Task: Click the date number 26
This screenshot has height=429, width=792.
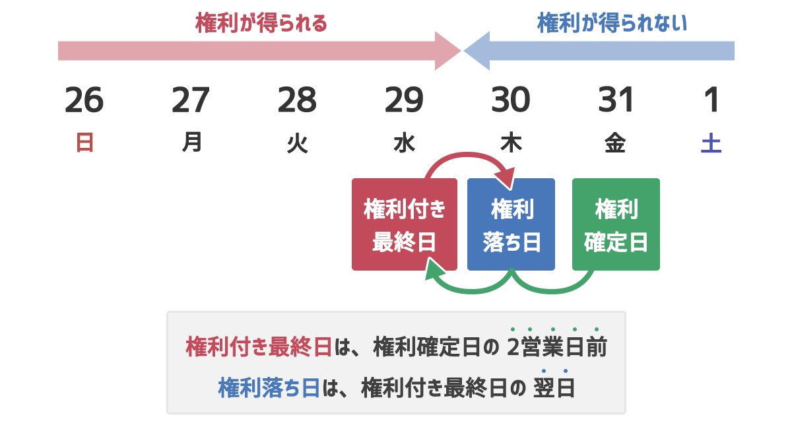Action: click(x=84, y=101)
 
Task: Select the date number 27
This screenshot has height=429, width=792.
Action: click(x=191, y=101)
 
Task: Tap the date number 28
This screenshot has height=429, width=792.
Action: click(x=297, y=101)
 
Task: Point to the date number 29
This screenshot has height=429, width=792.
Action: click(x=404, y=101)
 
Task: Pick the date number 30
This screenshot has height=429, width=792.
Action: click(x=511, y=101)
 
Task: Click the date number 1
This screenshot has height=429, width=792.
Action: click(x=711, y=101)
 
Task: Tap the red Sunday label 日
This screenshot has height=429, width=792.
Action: click(x=84, y=143)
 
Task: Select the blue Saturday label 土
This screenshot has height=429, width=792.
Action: click(x=711, y=143)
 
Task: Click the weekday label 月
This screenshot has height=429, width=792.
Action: click(x=191, y=143)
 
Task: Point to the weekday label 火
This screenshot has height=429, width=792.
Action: click(x=298, y=143)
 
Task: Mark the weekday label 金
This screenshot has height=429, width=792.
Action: click(x=616, y=143)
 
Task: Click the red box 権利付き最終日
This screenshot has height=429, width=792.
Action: click(x=405, y=224)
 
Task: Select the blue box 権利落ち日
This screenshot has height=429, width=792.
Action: click(x=511, y=224)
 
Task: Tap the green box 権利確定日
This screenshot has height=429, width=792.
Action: click(x=616, y=224)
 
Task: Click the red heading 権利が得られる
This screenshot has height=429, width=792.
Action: click(x=261, y=24)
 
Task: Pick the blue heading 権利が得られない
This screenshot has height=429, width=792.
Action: click(x=612, y=24)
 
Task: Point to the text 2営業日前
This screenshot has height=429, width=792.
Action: click(x=556, y=346)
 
